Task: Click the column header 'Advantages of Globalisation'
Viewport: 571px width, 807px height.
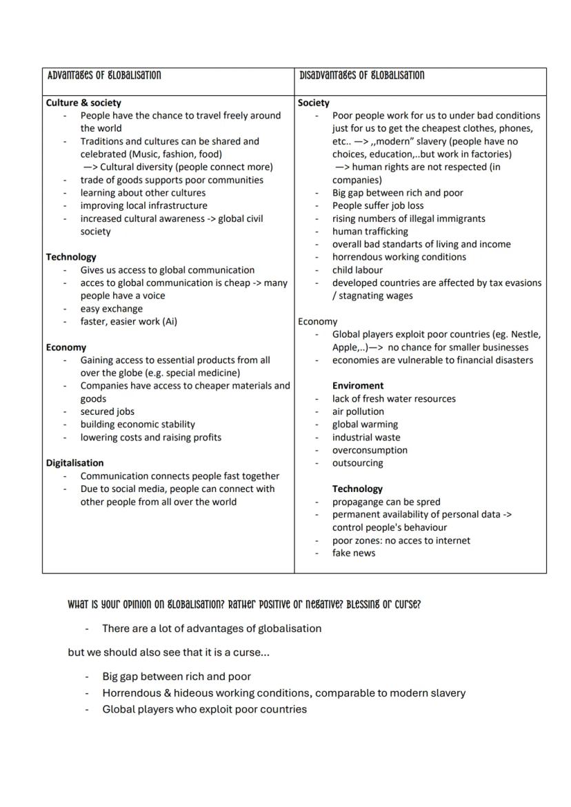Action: (x=103, y=75)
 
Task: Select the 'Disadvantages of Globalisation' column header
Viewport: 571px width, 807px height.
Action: (x=362, y=75)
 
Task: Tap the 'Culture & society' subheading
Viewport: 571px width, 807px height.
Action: (x=83, y=103)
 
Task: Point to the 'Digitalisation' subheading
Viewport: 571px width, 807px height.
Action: (x=74, y=463)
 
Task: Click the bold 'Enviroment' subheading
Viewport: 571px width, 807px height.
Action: (x=358, y=386)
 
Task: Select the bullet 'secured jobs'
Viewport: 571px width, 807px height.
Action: (x=108, y=411)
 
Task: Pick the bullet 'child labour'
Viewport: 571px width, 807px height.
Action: (x=357, y=270)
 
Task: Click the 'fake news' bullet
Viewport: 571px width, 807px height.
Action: (x=354, y=553)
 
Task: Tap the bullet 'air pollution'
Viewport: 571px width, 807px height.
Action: (x=358, y=411)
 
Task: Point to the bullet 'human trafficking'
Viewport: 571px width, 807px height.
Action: (x=370, y=232)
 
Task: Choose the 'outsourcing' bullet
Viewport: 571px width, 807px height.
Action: (x=357, y=463)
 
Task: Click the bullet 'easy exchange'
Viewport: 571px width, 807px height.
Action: (x=112, y=309)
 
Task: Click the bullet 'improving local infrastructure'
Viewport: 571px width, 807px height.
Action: (x=143, y=205)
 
